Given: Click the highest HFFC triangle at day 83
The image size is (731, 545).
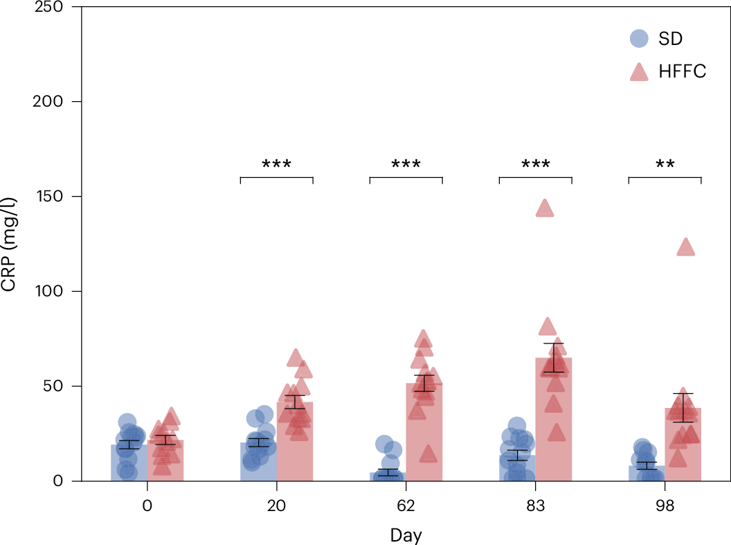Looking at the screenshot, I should [x=545, y=208].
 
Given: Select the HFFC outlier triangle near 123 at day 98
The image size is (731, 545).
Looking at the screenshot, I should [x=685, y=247].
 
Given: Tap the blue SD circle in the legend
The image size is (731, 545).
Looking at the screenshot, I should [x=639, y=39].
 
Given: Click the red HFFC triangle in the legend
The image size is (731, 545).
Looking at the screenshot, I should [x=639, y=71].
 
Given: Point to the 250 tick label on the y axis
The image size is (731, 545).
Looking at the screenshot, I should [x=49, y=7].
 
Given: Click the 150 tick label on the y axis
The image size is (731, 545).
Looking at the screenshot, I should [x=49, y=197].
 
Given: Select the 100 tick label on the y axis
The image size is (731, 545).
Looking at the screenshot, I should [x=49, y=292].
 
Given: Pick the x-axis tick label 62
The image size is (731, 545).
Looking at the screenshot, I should [x=406, y=506].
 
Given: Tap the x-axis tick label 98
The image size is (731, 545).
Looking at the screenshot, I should [x=665, y=506].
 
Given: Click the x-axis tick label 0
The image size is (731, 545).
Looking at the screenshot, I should [x=147, y=506].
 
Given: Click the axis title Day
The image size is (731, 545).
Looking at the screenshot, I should [x=406, y=535].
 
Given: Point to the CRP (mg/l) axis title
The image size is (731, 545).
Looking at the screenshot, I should [x=10, y=244].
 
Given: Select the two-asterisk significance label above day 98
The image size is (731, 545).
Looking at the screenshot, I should [x=665, y=165].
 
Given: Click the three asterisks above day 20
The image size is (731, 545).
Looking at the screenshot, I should [x=276, y=165].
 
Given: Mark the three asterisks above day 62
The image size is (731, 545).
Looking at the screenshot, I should [x=406, y=165].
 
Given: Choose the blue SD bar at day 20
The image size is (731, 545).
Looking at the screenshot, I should [x=258, y=464].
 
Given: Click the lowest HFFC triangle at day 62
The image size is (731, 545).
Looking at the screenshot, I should [x=428, y=454].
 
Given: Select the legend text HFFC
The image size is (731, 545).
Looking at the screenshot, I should [x=682, y=71].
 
